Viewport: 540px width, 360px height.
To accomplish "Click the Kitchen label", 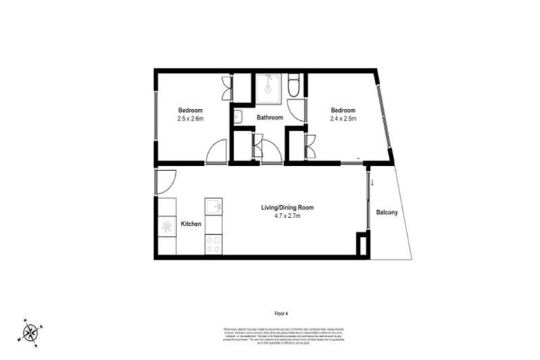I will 191,224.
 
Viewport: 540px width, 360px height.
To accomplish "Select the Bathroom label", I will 269,117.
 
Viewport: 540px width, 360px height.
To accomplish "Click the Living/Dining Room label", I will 287,207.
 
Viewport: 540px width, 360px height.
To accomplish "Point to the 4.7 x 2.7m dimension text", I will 287,217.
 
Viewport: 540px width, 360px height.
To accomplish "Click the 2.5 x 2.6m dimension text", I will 191,119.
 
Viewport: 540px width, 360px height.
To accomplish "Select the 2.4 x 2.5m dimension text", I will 343,119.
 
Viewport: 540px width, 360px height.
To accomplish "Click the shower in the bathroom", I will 267,86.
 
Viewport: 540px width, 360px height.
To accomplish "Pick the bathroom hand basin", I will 239,117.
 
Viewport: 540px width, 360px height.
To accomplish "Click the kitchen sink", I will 213,206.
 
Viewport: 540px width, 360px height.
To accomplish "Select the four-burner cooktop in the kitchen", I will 213,243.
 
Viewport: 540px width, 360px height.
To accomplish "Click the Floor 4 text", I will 281,312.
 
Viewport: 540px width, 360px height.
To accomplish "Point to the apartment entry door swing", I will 167,182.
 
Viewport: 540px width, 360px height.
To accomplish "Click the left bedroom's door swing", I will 217,150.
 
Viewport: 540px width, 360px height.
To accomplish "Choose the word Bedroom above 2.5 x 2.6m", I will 191,110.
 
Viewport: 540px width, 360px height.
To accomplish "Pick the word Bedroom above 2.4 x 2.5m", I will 343,110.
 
